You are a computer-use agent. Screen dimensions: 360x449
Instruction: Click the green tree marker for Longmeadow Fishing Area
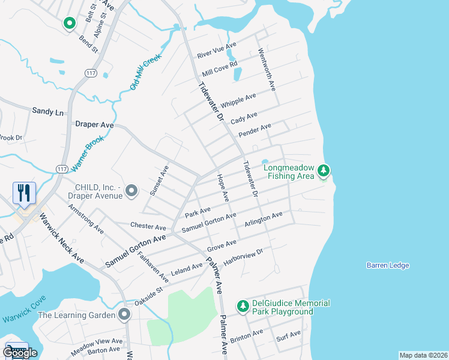(324, 171)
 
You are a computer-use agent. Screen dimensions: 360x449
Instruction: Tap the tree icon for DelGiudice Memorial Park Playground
(243, 307)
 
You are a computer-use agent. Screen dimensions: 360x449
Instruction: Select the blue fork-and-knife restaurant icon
(24, 193)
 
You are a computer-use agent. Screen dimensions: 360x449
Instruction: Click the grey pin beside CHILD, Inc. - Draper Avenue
(133, 191)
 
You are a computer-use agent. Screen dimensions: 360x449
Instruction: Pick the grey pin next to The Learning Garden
(125, 314)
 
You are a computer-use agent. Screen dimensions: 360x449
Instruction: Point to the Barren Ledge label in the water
(387, 265)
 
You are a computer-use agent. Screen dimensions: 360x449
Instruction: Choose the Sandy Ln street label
(47, 112)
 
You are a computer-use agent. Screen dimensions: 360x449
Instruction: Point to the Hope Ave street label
(223, 188)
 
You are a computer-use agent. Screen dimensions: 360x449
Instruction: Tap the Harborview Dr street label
(244, 256)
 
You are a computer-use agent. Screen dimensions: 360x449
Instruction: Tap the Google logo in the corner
(20, 352)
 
